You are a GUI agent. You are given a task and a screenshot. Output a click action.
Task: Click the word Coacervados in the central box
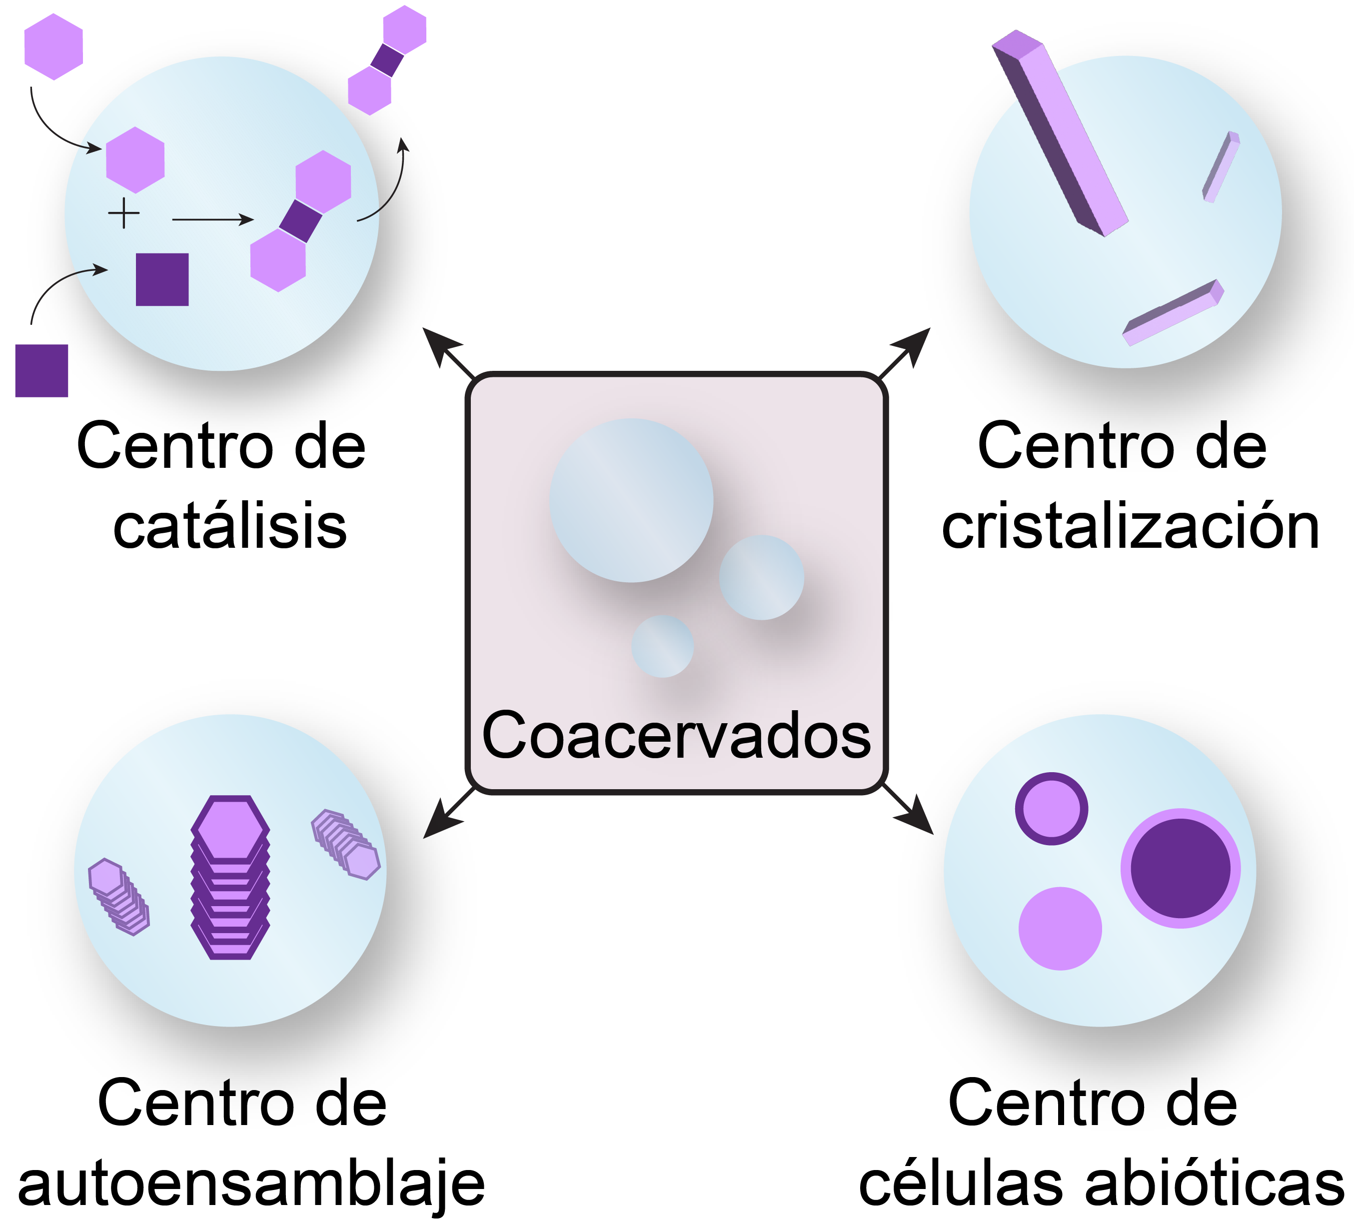click(676, 736)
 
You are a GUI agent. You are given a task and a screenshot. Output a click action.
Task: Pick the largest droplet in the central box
click(631, 500)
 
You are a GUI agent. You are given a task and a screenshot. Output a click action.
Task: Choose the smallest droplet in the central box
click(662, 646)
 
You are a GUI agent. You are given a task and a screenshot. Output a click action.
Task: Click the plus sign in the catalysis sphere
click(123, 214)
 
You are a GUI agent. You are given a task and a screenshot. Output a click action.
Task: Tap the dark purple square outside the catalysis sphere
click(41, 371)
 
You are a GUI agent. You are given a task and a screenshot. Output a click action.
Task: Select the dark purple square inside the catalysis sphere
click(162, 279)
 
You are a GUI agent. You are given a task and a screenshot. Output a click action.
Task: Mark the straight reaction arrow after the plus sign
click(212, 219)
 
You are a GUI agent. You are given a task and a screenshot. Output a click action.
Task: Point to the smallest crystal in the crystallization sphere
click(1221, 166)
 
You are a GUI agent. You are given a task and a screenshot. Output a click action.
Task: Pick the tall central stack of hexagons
click(230, 877)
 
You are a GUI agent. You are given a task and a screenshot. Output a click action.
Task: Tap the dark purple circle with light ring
click(1180, 868)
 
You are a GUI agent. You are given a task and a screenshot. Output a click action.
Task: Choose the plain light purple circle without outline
click(1060, 929)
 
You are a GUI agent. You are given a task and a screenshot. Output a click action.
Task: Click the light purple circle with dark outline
click(1051, 809)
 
